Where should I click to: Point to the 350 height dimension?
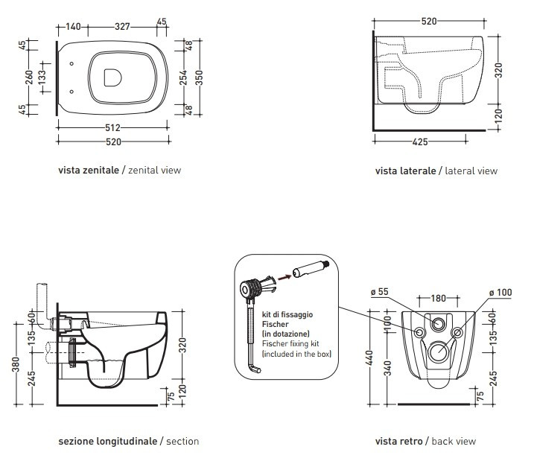coord(199,77)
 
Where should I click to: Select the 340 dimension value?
coord(386,368)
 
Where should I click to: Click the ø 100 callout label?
coord(500,291)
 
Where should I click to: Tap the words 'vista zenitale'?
coord(88,171)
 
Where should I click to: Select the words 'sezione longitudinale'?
coord(108,441)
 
